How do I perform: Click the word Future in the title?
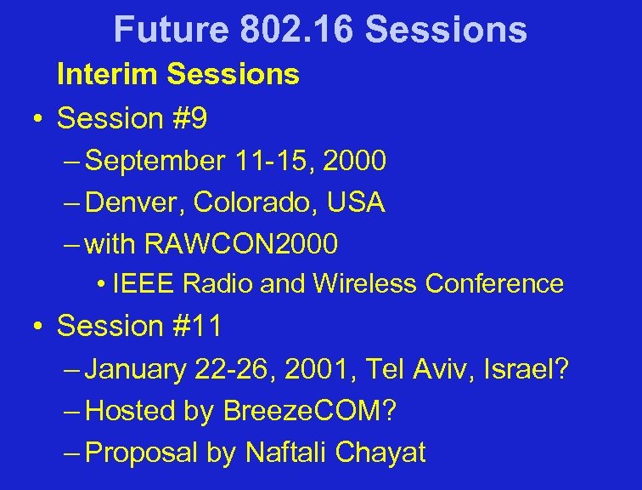[x=171, y=30]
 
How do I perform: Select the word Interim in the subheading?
[x=108, y=75]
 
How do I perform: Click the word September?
[x=155, y=159]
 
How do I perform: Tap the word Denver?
[x=136, y=202]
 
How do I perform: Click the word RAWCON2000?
[x=242, y=245]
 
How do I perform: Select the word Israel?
[x=528, y=369]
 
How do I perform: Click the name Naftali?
[x=284, y=453]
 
